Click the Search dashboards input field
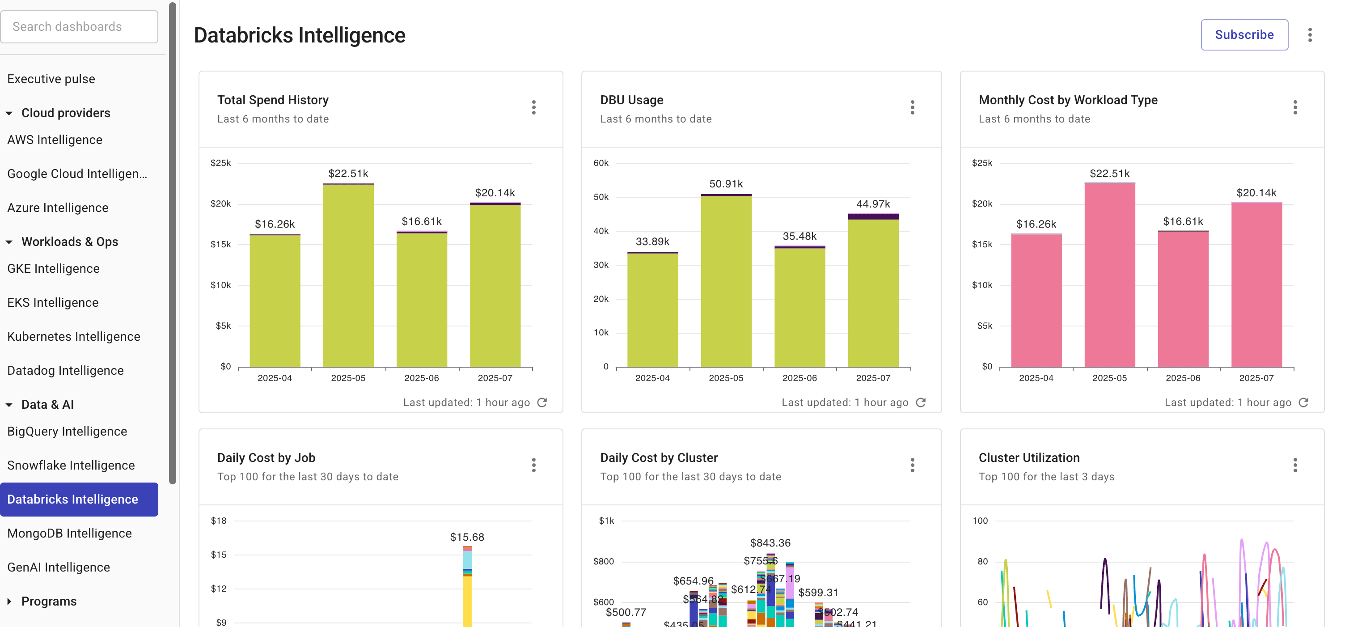[79, 27]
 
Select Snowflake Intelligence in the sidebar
[71, 465]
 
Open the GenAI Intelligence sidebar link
[59, 567]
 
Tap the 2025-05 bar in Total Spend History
[348, 277]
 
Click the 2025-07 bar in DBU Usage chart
[873, 292]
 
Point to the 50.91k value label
[726, 184]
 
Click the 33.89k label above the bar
[652, 241]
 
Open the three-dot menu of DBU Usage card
[912, 107]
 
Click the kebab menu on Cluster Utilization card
[1295, 465]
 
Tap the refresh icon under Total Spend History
[542, 402]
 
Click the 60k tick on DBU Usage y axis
[601, 163]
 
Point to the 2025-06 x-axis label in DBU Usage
[799, 378]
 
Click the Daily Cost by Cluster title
[658, 458]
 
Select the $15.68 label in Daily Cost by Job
[467, 537]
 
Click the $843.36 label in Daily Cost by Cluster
[770, 543]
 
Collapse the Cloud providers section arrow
[9, 113]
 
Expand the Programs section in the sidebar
[9, 602]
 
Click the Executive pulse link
[51, 79]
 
